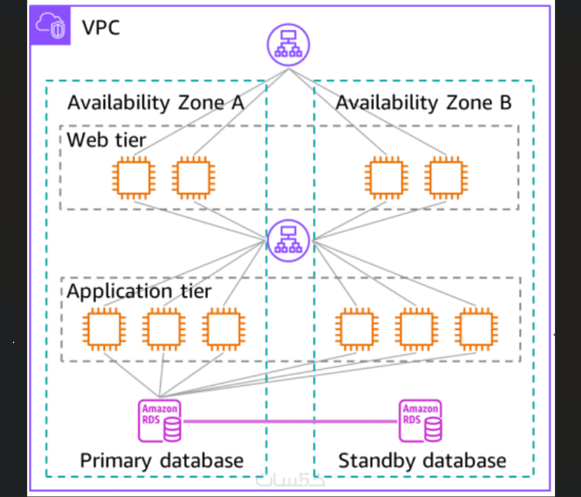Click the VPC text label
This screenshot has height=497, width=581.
click(101, 27)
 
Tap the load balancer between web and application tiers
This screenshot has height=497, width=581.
click(289, 241)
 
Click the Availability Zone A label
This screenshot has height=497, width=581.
click(156, 103)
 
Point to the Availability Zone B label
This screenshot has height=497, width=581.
click(423, 103)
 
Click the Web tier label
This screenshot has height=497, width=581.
click(106, 139)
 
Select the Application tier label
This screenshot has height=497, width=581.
click(139, 291)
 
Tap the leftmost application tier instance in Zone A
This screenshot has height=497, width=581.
click(103, 329)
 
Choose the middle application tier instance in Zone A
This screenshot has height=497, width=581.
click(163, 329)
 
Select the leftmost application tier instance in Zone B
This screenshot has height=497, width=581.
click(356, 329)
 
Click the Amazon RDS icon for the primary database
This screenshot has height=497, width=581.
click(160, 421)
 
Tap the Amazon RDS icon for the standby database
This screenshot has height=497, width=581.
click(421, 421)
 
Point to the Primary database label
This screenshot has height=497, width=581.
click(161, 460)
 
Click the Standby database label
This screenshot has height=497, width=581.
click(422, 460)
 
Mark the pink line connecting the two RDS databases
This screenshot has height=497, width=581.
click(290, 421)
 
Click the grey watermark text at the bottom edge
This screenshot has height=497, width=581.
click(290, 481)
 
